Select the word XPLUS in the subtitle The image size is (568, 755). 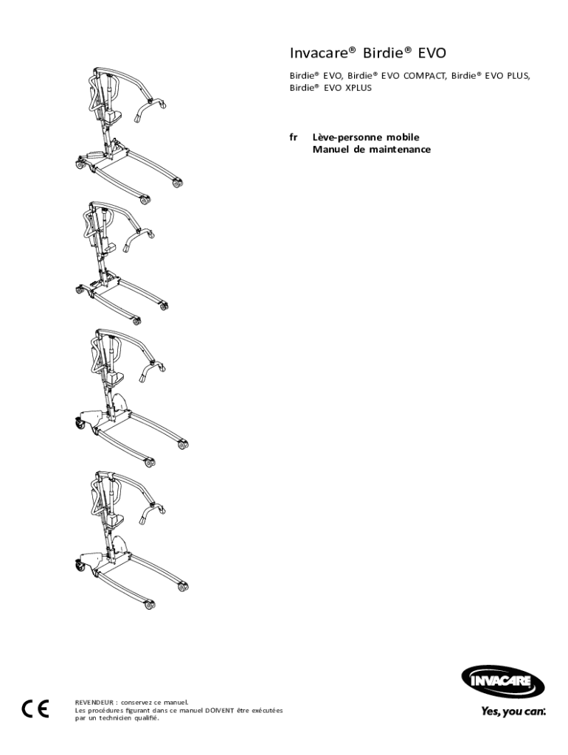[x=357, y=88]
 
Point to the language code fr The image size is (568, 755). [x=294, y=137]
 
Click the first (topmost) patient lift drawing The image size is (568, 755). [x=125, y=133]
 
